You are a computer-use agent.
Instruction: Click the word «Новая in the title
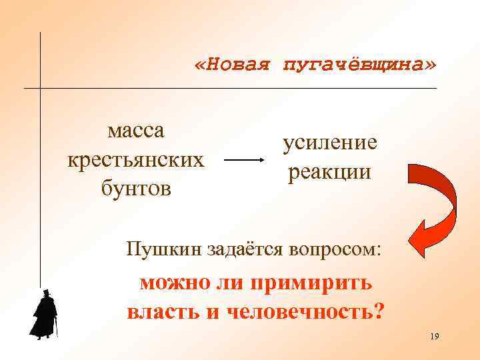[231, 65]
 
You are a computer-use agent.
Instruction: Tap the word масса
[136, 130]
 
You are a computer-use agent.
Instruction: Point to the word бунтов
[136, 189]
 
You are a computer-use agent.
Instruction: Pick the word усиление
[329, 142]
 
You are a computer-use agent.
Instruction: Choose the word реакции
[329, 171]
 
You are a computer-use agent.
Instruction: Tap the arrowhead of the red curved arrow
[421, 236]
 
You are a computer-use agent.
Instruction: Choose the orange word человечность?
[305, 311]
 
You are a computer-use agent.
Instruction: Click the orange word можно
[173, 283]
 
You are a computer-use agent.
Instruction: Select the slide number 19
[435, 336]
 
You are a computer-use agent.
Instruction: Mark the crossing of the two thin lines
[41, 88]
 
